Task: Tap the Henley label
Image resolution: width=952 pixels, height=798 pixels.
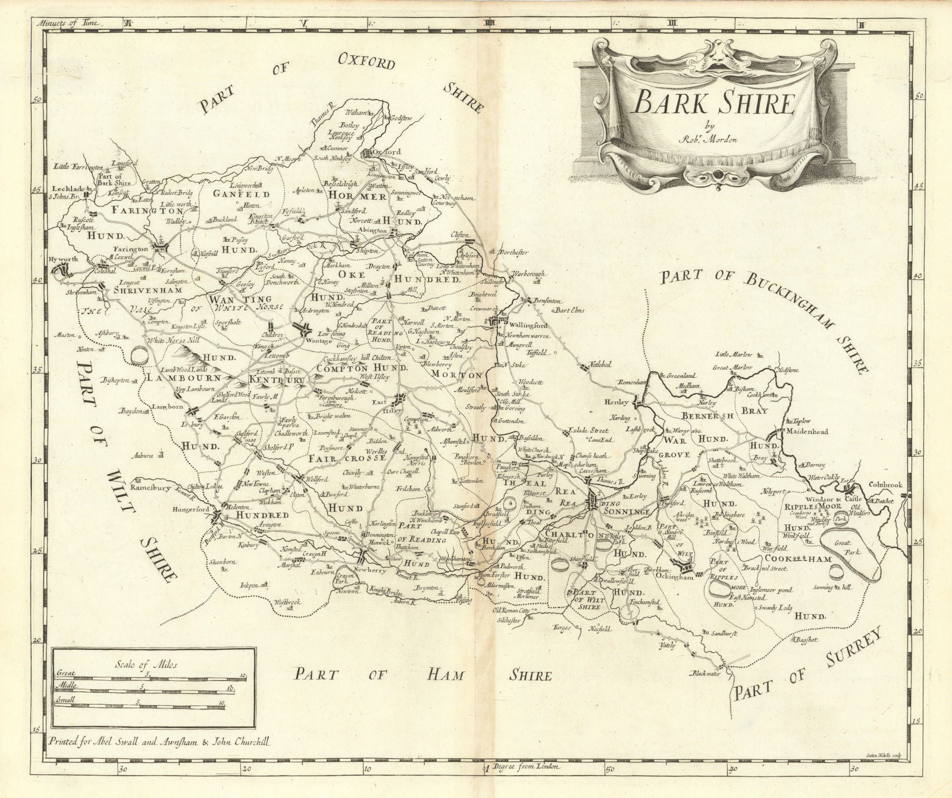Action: [x=616, y=402]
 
